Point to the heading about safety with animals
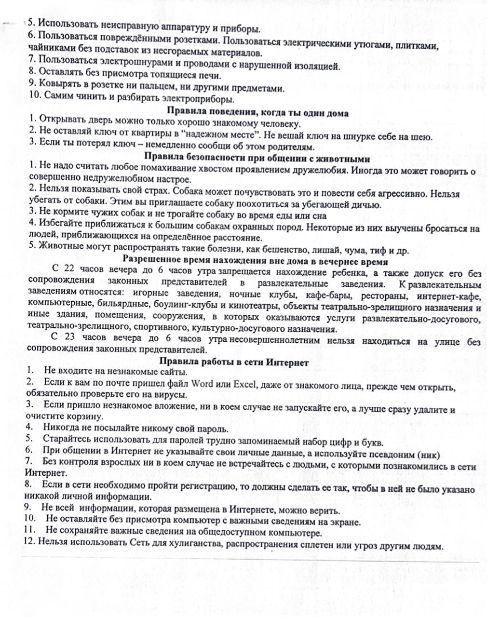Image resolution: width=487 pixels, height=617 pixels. pos(257,159)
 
